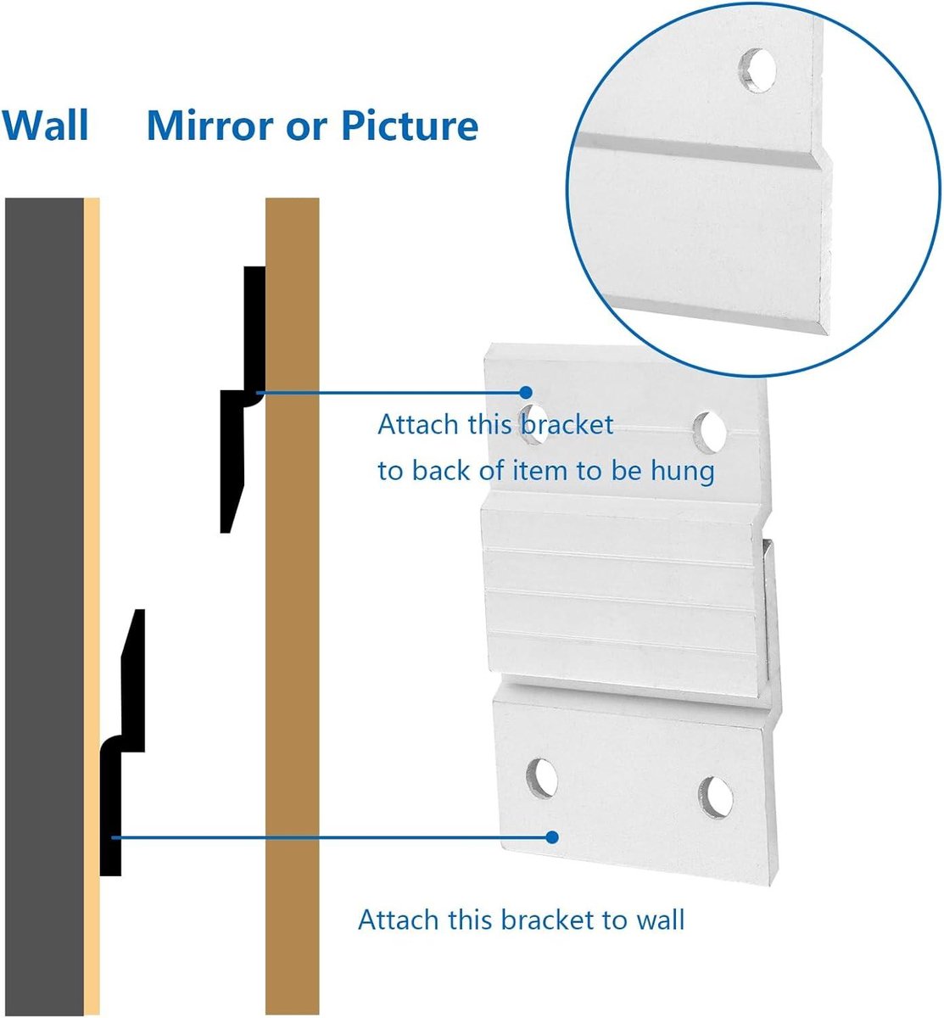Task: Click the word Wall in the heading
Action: (x=45, y=125)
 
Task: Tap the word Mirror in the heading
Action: (x=210, y=125)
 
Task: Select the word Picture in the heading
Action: (x=410, y=125)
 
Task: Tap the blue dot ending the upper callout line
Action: (x=525, y=393)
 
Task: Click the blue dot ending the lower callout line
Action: (x=551, y=837)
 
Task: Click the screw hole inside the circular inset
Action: (x=757, y=70)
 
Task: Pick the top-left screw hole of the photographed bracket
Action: (x=533, y=423)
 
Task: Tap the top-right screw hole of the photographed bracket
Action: (x=710, y=432)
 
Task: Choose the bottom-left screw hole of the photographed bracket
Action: (x=542, y=779)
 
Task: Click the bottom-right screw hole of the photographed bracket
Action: (x=716, y=797)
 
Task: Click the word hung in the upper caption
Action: (x=683, y=471)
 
